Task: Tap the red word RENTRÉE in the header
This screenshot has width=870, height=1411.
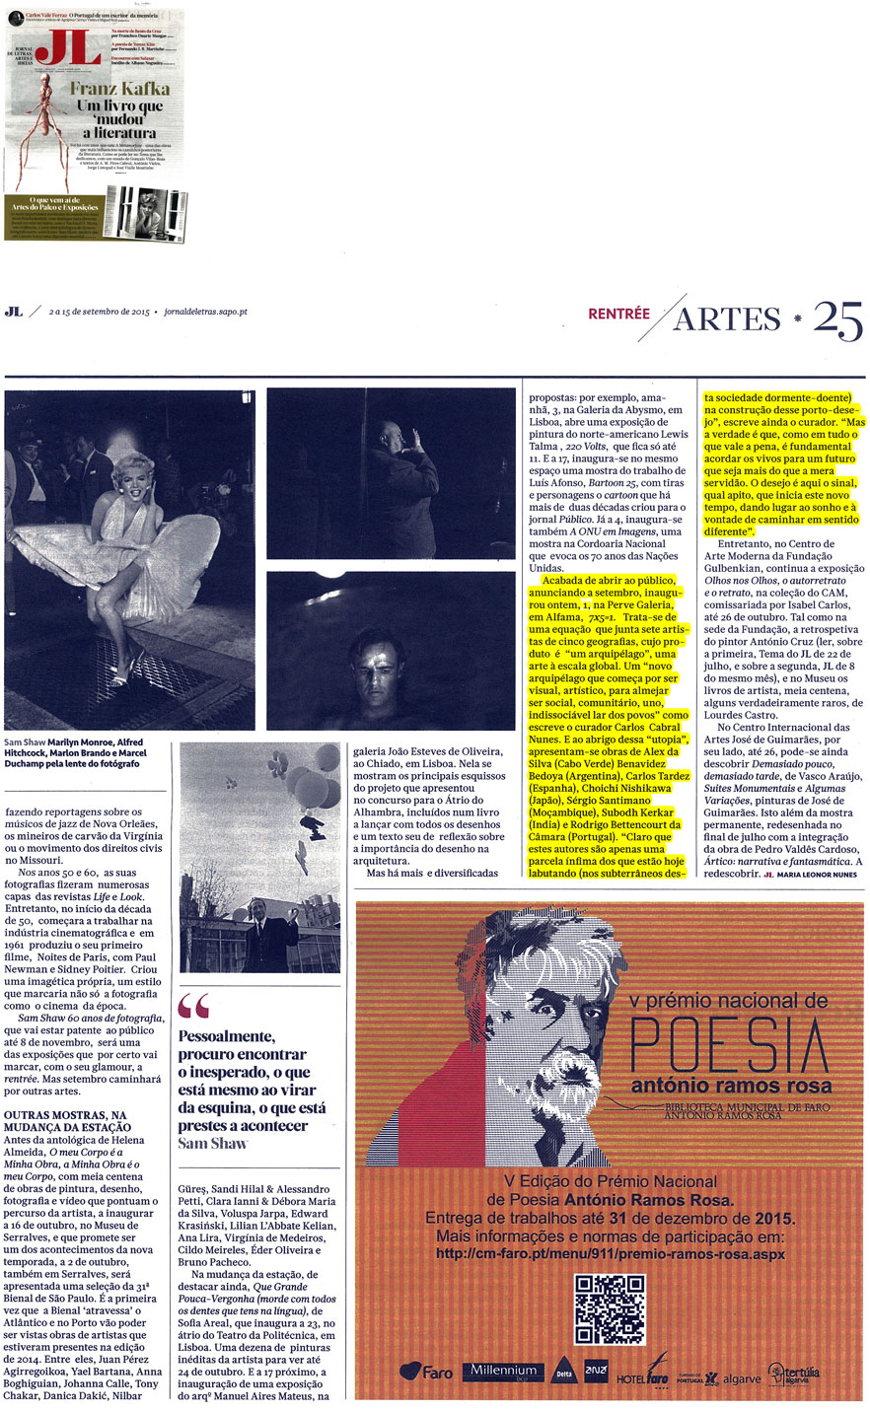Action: pyautogui.click(x=618, y=315)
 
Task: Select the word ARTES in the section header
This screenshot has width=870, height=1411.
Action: pyautogui.click(x=727, y=318)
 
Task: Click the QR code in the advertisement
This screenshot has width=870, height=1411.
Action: pyautogui.click(x=610, y=1309)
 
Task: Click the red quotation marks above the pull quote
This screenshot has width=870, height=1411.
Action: pyautogui.click(x=194, y=1007)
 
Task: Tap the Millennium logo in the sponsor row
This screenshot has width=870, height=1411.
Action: pyautogui.click(x=503, y=1371)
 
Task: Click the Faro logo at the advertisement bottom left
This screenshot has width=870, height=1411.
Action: pyautogui.click(x=426, y=1372)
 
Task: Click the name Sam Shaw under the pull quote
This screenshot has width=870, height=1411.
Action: pyautogui.click(x=213, y=1143)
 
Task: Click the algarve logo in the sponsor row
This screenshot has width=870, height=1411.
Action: pyautogui.click(x=742, y=1378)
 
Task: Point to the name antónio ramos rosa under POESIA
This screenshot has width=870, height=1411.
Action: pyautogui.click(x=731, y=1087)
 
